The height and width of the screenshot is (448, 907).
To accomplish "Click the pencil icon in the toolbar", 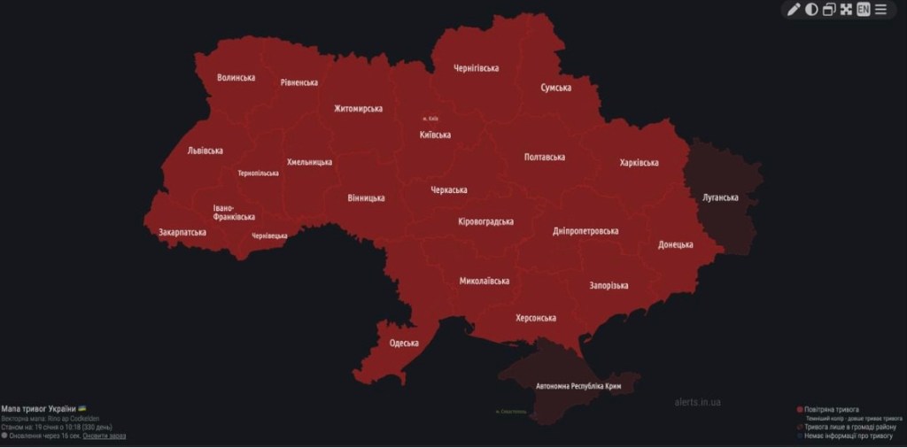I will pos(794,10).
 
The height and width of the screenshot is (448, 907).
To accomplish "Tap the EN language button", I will pos(863,10).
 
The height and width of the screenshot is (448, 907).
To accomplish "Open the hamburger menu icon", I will pos(880,10).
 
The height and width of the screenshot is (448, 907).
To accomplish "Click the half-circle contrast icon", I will pos(811,10).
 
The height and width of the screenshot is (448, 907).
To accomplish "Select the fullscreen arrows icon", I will pos(846,10).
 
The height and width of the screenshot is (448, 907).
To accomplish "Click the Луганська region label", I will pos(720,197).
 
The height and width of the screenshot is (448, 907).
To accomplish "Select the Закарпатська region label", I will pos(182,233).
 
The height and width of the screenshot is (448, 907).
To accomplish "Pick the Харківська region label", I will pos(639,163).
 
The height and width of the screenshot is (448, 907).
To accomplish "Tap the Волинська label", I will pos(236,78).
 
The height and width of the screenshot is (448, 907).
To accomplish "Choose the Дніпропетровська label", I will pos(585,231).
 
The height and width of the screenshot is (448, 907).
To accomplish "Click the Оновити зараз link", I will pos(105,436).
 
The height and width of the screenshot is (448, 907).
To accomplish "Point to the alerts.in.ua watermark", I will pos(697,402).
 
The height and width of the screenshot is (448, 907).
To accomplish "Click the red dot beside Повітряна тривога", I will pos(800,410).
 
